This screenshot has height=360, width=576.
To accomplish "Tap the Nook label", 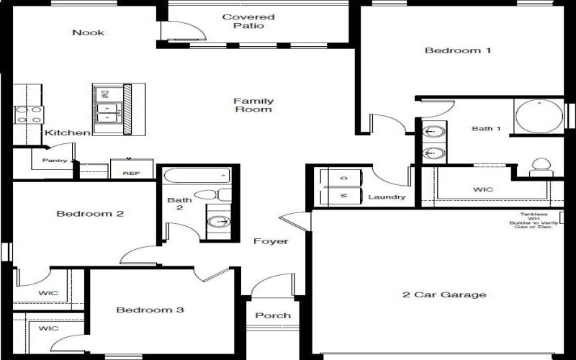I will [x=88, y=32].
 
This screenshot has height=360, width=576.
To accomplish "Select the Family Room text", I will [x=253, y=105].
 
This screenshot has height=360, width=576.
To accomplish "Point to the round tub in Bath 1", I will [x=539, y=116].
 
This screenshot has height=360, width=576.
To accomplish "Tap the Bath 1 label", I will [x=485, y=129].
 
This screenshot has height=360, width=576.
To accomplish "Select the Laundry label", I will [x=387, y=197].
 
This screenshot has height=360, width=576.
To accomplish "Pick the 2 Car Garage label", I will [x=444, y=294].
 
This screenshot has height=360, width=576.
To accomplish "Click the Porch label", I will [x=273, y=315].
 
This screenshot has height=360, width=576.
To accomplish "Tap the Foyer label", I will [x=271, y=241].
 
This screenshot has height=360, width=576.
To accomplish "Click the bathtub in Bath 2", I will [x=197, y=176].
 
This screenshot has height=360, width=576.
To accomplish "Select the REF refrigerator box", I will [x=130, y=170].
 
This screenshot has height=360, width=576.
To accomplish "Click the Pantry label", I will [x=55, y=161].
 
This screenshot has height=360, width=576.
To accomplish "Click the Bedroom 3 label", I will [x=150, y=310].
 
